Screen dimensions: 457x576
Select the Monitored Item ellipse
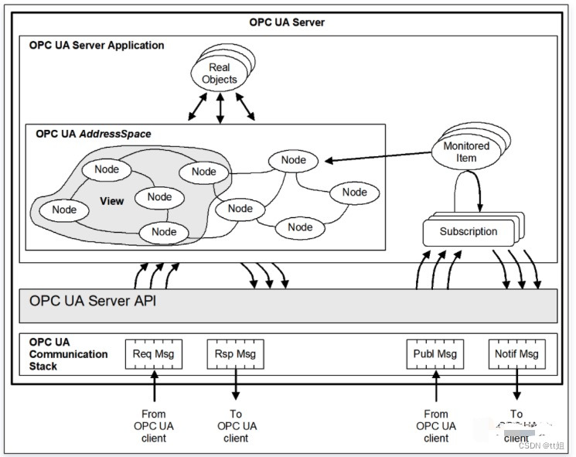coord(466,152)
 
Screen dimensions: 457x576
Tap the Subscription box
coord(469,231)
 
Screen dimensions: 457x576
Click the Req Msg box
coord(154,354)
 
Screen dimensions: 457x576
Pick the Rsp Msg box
coord(235,354)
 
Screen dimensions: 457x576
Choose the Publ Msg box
coord(435,354)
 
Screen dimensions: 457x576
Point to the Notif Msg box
coord(516,354)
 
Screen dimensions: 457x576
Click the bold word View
coord(111,202)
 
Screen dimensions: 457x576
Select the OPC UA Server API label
coord(92,300)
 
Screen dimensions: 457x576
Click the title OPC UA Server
coord(287,22)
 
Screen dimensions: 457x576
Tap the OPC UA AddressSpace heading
coord(93,134)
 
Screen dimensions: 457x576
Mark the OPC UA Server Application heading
coord(97,46)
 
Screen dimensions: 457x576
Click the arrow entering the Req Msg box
coord(155,387)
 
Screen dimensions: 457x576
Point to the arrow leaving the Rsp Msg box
coord(236,387)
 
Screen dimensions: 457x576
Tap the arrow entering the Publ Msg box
coord(436,387)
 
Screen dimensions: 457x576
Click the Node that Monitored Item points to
coord(294,160)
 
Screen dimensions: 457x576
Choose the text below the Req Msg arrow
coord(154,426)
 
